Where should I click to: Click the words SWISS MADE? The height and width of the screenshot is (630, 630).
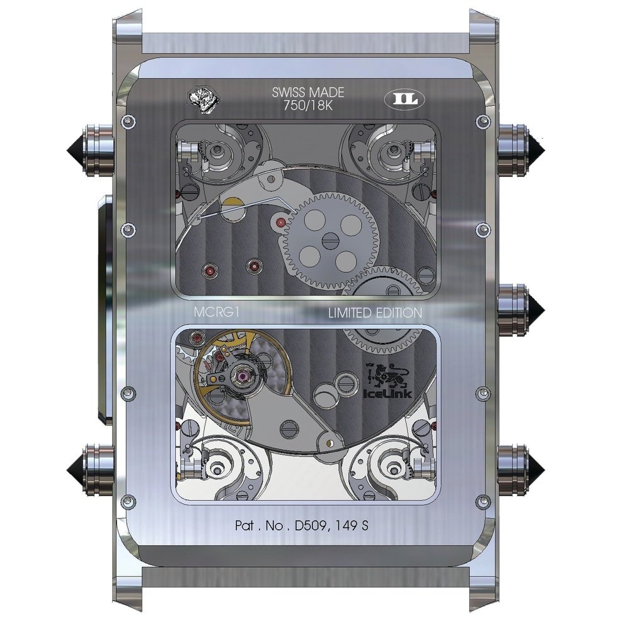point(308,93)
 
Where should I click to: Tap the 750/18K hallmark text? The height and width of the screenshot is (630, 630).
point(308,106)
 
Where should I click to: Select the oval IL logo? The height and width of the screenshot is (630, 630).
point(404,100)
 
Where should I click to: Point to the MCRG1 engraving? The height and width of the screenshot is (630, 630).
point(217,312)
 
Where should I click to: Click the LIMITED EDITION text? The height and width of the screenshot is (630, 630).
point(375,312)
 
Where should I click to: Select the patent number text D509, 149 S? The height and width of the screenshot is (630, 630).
point(331,525)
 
